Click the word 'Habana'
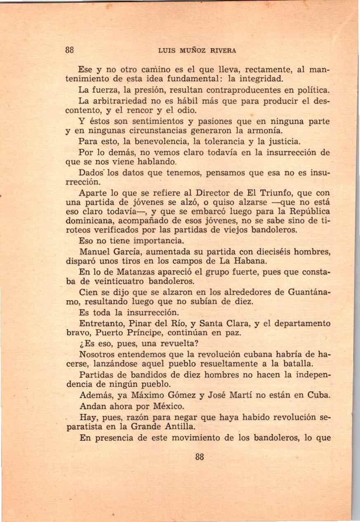point(253,261)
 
